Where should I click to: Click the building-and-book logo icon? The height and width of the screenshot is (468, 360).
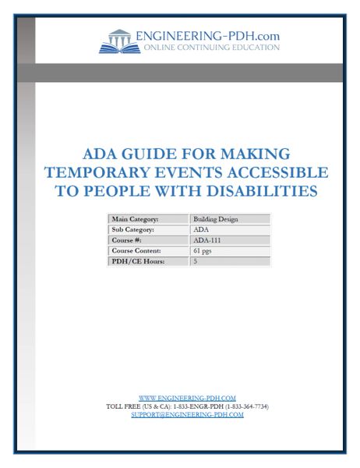click(119, 40)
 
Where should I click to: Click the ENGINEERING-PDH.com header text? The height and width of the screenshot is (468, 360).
click(207, 35)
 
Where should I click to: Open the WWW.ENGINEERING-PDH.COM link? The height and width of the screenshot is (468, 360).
click(187, 398)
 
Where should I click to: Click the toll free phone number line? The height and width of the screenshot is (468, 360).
click(187, 406)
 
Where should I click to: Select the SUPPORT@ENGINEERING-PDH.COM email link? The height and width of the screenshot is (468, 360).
click(187, 415)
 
